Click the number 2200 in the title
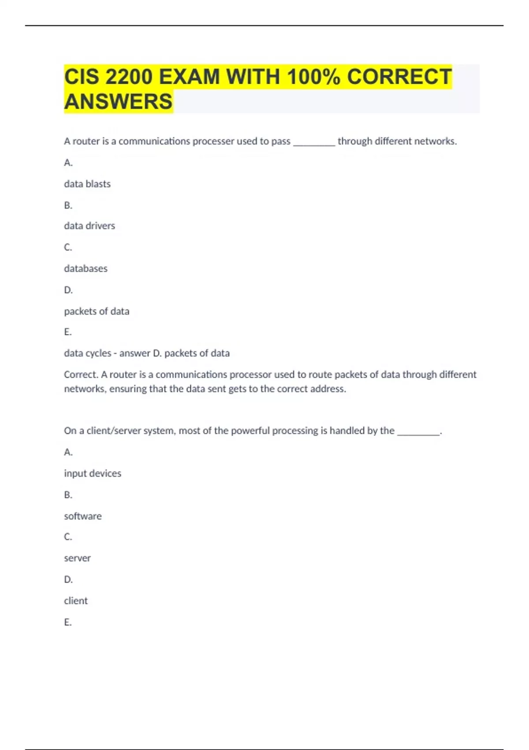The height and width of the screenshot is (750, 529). coord(129,77)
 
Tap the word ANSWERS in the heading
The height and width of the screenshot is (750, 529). coord(118,101)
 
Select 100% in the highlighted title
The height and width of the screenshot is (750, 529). coord(313,77)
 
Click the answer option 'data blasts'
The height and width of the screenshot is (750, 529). coord(87,184)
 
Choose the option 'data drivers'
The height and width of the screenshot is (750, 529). coord(89,226)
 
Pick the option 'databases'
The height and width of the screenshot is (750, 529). coord(86,269)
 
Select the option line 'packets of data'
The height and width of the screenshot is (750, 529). coord(97,311)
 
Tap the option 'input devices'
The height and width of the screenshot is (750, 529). coord(93,473)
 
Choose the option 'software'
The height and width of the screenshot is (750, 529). coord(83,516)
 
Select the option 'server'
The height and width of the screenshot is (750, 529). coord(77,558)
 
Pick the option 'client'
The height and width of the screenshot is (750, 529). coord(76,601)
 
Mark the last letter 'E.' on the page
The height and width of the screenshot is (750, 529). coord(68,622)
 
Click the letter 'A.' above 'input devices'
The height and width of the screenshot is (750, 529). coord(68,452)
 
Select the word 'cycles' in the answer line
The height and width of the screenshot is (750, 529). coord(99,353)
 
